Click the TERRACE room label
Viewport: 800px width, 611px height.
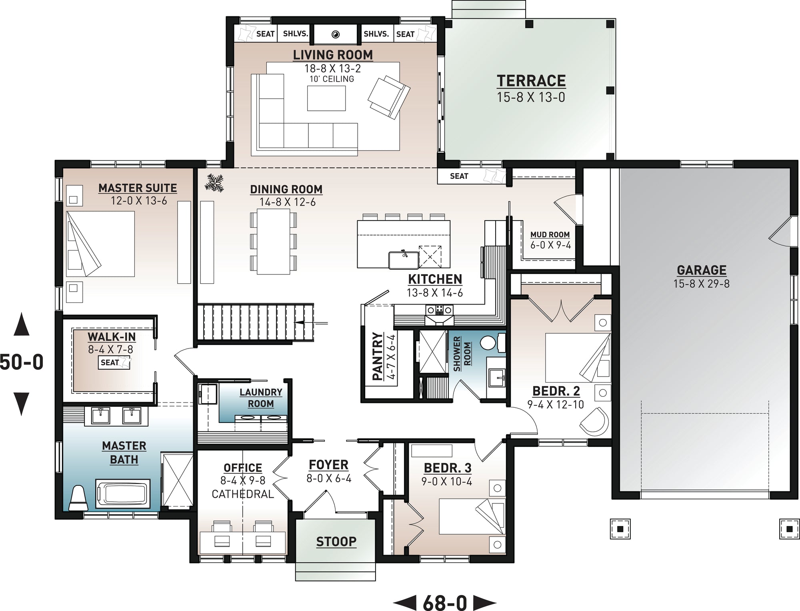(531, 81)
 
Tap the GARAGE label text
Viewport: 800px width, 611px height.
(702, 270)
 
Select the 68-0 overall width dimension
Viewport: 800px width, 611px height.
(445, 602)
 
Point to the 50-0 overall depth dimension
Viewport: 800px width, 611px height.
(22, 362)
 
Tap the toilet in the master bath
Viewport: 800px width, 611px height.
(78, 498)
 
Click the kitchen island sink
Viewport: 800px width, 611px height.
(403, 260)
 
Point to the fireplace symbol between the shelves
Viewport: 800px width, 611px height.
(335, 34)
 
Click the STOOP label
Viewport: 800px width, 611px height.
(336, 541)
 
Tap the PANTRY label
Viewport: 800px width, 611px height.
(378, 356)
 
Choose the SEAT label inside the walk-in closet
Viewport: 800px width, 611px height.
(110, 363)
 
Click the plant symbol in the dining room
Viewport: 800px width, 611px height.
(214, 182)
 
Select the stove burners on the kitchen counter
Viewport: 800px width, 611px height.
(439, 309)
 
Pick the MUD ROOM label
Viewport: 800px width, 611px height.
(550, 234)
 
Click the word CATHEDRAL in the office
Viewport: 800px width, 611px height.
(243, 494)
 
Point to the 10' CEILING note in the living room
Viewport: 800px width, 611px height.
(332, 79)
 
